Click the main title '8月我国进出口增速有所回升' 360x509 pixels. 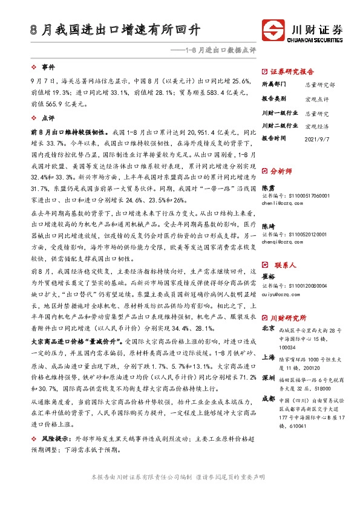[x=115, y=29]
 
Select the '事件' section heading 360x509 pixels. [x=47, y=67]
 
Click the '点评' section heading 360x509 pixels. [x=47, y=118]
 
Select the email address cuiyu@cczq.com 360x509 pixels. [x=277, y=294]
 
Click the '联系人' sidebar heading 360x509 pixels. [x=280, y=265]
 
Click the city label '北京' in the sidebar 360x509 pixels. [x=268, y=329]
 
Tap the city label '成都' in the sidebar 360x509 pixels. [x=268, y=398]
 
